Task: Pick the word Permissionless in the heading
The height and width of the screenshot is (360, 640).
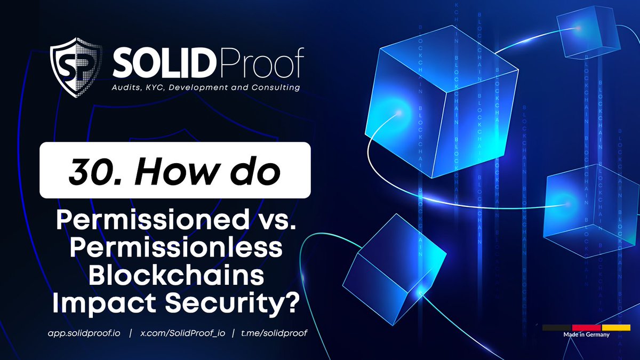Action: click(x=175, y=248)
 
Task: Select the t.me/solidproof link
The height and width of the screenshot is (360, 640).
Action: click(x=274, y=333)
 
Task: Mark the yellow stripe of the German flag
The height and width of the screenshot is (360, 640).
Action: click(x=616, y=327)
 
